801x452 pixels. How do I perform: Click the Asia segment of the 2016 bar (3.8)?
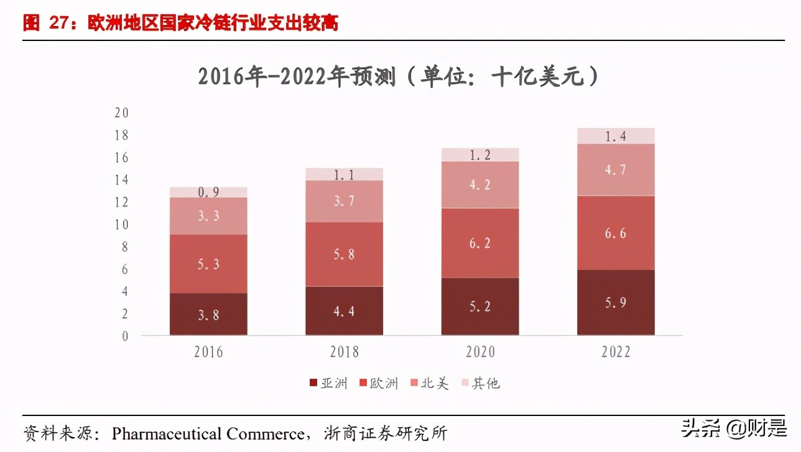(x=208, y=314)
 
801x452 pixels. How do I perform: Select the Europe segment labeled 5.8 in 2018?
(x=344, y=254)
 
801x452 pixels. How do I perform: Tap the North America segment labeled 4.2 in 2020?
(x=479, y=184)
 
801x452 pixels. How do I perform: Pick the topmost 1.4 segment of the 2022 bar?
(x=615, y=136)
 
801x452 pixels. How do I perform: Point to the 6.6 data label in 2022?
(x=615, y=233)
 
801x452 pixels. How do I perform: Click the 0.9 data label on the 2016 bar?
(x=208, y=192)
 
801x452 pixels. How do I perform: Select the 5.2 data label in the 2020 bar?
(x=479, y=307)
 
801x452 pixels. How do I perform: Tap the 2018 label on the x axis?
(x=344, y=352)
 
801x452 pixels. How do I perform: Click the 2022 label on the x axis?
(x=615, y=352)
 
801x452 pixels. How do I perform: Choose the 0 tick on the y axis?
(x=124, y=337)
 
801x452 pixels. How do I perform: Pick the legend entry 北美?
(x=428, y=383)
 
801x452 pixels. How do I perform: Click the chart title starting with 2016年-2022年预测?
(x=398, y=77)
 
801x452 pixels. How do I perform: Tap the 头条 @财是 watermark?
(x=733, y=428)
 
